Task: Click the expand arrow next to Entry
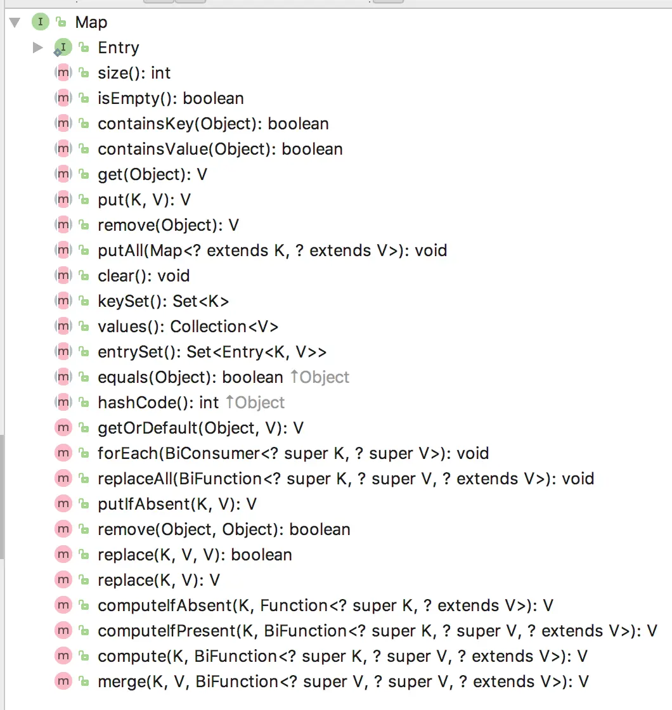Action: (x=38, y=48)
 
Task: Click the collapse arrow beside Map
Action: (x=15, y=22)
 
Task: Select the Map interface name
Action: (x=91, y=22)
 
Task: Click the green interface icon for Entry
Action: (x=63, y=48)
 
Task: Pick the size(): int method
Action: (x=134, y=73)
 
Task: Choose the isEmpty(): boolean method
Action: (x=170, y=98)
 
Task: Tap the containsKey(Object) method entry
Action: (x=212, y=124)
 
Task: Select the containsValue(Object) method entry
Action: (x=219, y=149)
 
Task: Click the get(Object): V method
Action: (x=152, y=174)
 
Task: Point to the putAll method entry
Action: (x=272, y=250)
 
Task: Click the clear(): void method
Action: (x=143, y=276)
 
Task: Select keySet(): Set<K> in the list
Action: (x=163, y=301)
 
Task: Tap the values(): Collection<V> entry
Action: (x=188, y=326)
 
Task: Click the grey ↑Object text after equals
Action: (x=320, y=377)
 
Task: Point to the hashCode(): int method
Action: (x=158, y=403)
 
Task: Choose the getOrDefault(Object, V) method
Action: (x=200, y=428)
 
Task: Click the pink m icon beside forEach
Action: (x=63, y=453)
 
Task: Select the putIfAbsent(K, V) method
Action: (x=177, y=504)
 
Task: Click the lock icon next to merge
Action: (x=83, y=681)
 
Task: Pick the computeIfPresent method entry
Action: (x=377, y=631)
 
